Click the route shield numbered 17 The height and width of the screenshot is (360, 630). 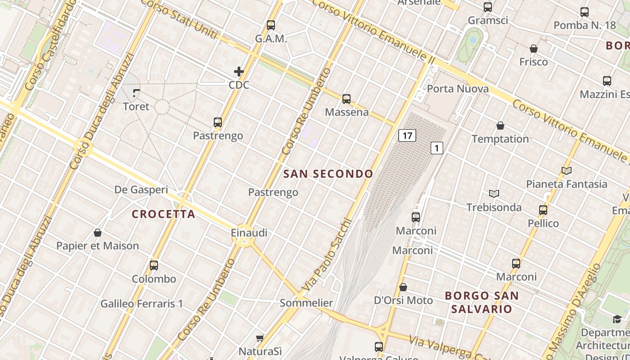point(407,135)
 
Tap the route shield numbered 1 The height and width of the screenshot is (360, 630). point(437,148)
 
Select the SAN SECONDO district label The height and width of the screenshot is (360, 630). point(328,174)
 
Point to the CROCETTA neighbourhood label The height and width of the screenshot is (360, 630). point(164,214)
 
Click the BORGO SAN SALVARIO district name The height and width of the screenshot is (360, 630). point(481,302)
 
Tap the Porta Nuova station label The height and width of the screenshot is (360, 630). point(458,89)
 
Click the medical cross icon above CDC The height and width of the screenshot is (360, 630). point(239,72)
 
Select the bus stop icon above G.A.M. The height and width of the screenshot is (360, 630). point(271,25)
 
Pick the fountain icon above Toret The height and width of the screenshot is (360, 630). point(136,93)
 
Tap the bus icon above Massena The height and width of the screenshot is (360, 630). point(346,99)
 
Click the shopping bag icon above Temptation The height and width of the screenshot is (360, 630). point(500,126)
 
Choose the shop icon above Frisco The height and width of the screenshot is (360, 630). point(534,49)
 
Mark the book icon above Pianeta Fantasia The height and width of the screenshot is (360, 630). point(567,171)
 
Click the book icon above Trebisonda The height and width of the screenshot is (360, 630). point(494,194)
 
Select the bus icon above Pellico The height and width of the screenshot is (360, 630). point(543,210)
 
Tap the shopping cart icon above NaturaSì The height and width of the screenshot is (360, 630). point(260,338)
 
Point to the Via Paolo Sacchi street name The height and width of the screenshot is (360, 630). point(325,254)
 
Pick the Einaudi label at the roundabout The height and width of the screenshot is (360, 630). point(249,233)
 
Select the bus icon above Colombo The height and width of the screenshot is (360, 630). point(154,265)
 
